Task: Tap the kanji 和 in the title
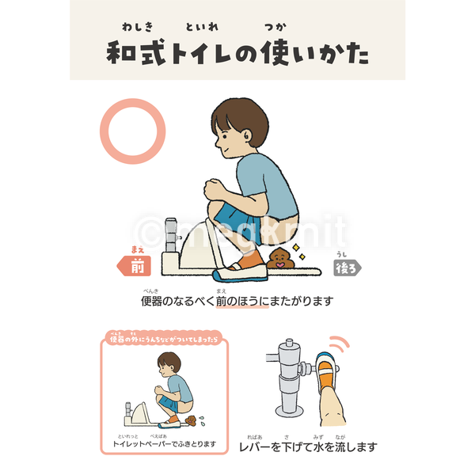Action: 125,54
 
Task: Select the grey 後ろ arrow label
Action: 347,268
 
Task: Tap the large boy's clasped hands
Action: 215,191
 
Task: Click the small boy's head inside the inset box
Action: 169,365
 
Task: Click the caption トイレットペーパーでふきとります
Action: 165,444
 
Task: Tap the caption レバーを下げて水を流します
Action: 308,446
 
